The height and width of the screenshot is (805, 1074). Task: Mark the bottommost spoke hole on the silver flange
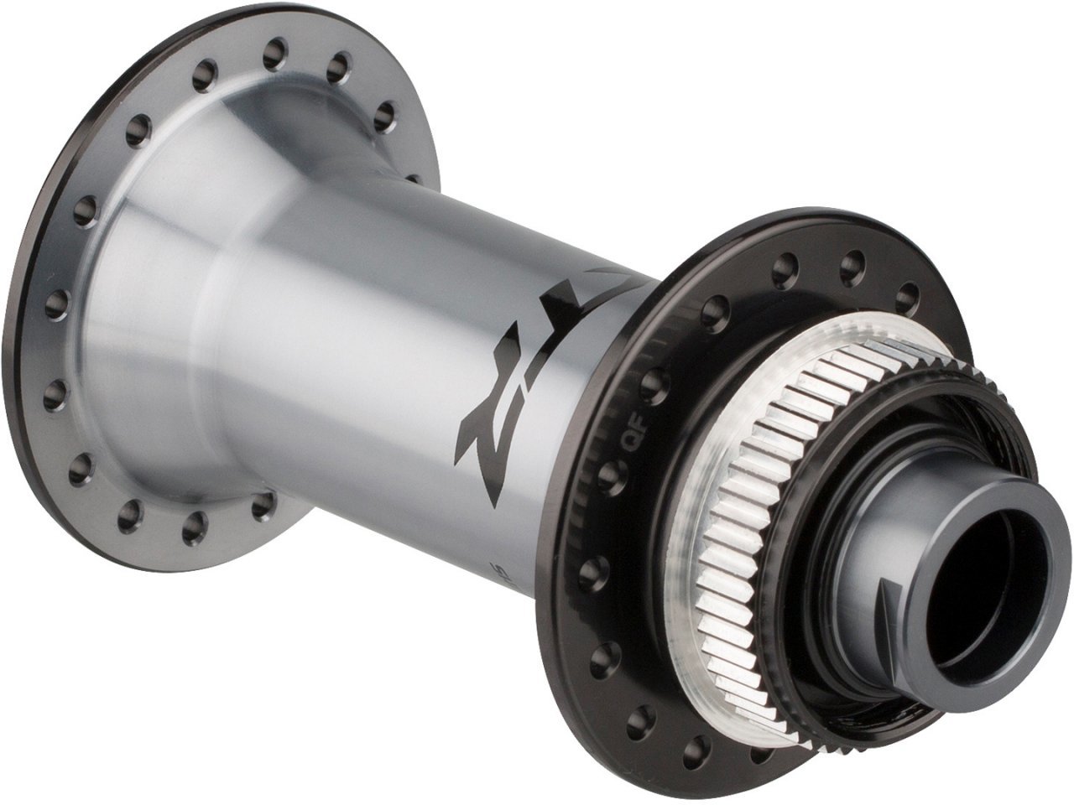195,526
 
